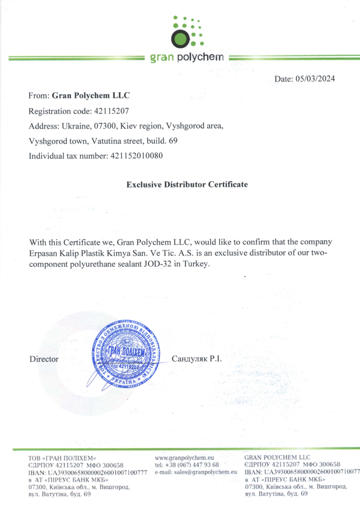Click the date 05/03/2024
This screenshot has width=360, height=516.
pos(315,79)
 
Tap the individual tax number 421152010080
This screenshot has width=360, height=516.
pos(135,156)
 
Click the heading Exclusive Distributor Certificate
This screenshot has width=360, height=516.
pos(187,185)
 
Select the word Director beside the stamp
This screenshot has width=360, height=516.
pos(44,359)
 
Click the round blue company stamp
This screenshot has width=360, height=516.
pos(122,354)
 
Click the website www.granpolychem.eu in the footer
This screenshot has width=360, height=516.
pos(184,457)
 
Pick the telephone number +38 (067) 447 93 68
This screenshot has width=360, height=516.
pos(193,465)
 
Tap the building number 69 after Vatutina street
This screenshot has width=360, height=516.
pos(173,141)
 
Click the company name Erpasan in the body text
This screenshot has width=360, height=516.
pos(43,253)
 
